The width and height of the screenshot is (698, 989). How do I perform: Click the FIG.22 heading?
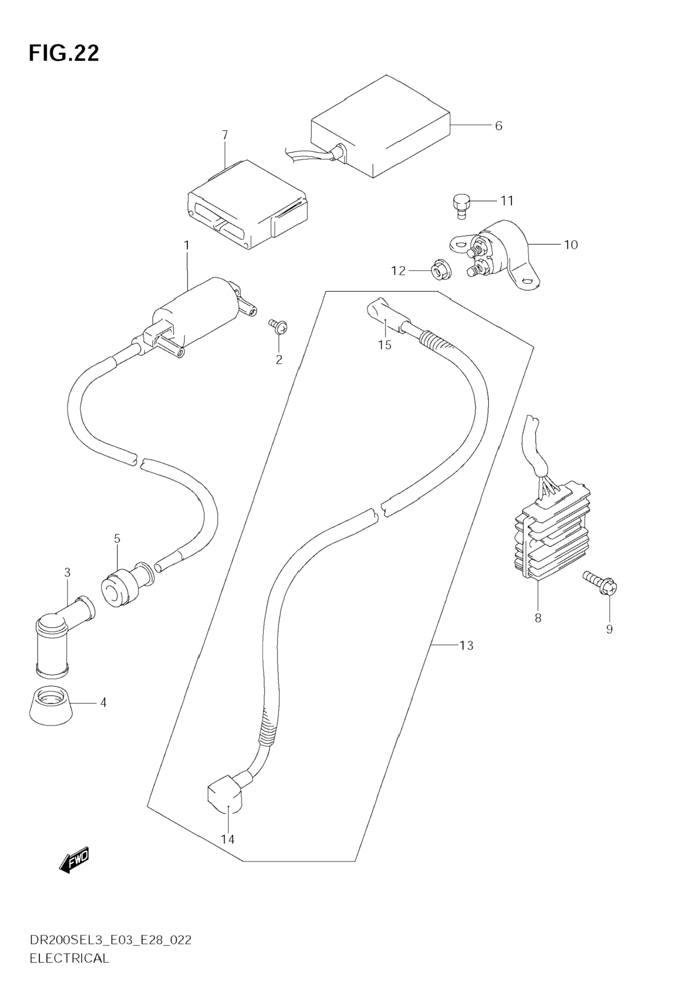64,53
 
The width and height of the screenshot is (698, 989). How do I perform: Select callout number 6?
498,126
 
